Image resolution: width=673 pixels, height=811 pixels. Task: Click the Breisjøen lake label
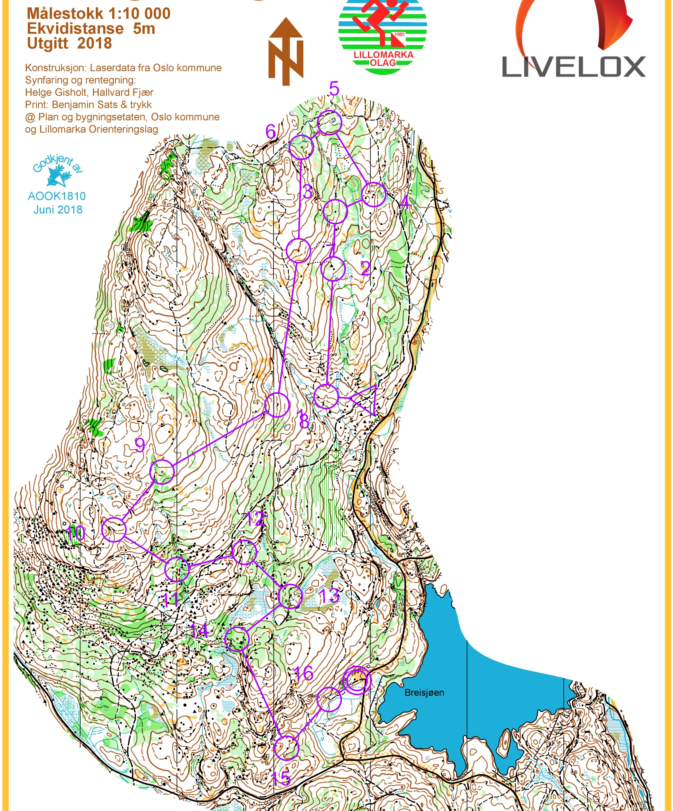pyautogui.click(x=424, y=693)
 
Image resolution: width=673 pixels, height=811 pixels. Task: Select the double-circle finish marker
pyautogui.click(x=357, y=680)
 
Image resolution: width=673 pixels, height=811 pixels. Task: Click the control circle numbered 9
pyautogui.click(x=162, y=472)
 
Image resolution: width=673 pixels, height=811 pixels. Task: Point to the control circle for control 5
pyautogui.click(x=330, y=122)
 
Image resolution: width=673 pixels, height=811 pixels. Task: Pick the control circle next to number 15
pyautogui.click(x=286, y=748)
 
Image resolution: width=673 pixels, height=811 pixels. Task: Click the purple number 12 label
pyautogui.click(x=255, y=519)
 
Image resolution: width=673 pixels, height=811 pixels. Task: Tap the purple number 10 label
pyautogui.click(x=75, y=533)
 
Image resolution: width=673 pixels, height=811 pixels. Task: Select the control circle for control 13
pyautogui.click(x=290, y=596)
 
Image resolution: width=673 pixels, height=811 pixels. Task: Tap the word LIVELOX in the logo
pyautogui.click(x=573, y=67)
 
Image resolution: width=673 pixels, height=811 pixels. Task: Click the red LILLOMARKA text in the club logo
pyautogui.click(x=383, y=54)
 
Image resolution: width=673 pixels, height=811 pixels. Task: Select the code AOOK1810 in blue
pyautogui.click(x=57, y=196)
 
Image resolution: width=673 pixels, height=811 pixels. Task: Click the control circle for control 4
pyautogui.click(x=374, y=194)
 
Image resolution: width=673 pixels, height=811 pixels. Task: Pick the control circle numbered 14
pyautogui.click(x=237, y=639)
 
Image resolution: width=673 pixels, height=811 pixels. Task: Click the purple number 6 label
pyautogui.click(x=271, y=132)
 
